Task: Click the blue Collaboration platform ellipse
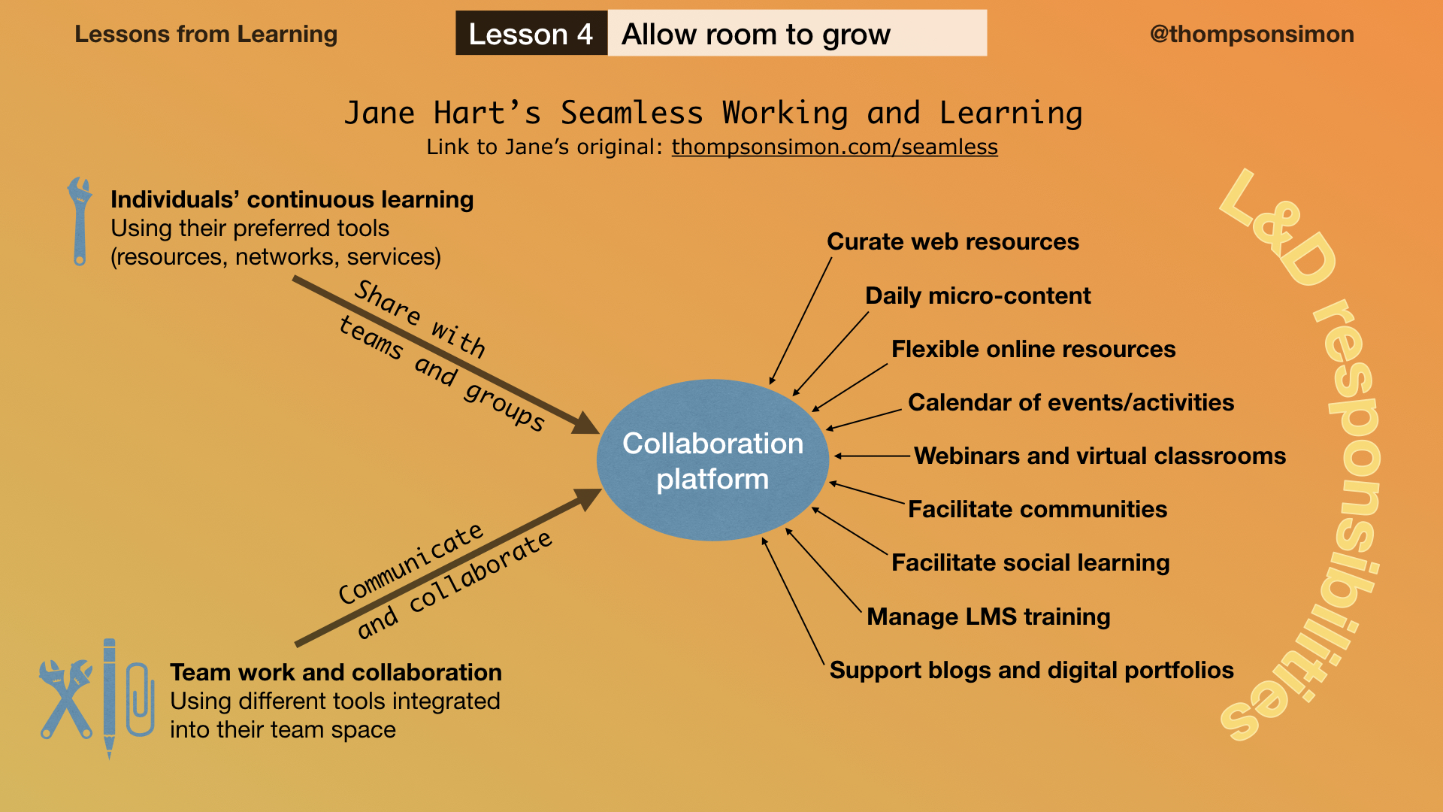[x=712, y=460]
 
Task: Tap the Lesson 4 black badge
[x=531, y=33]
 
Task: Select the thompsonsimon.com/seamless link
[x=834, y=147]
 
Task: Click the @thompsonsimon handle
[x=1251, y=34]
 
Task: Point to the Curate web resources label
[x=953, y=241]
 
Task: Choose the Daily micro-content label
[x=978, y=295]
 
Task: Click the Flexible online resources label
[x=1033, y=349]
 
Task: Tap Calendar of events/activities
[x=1071, y=402]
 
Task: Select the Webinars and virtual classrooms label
[x=1100, y=456]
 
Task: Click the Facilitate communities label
[x=1037, y=509]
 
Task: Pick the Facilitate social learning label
[x=1030, y=562]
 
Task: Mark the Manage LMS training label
[x=988, y=617]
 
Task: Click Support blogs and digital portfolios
[x=1031, y=670]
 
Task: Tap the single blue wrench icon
[x=79, y=221]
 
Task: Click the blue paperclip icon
[x=140, y=699]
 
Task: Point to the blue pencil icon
[x=110, y=698]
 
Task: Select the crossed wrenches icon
[x=66, y=699]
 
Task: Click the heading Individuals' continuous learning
[x=292, y=199]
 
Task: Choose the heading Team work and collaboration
[x=336, y=672]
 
